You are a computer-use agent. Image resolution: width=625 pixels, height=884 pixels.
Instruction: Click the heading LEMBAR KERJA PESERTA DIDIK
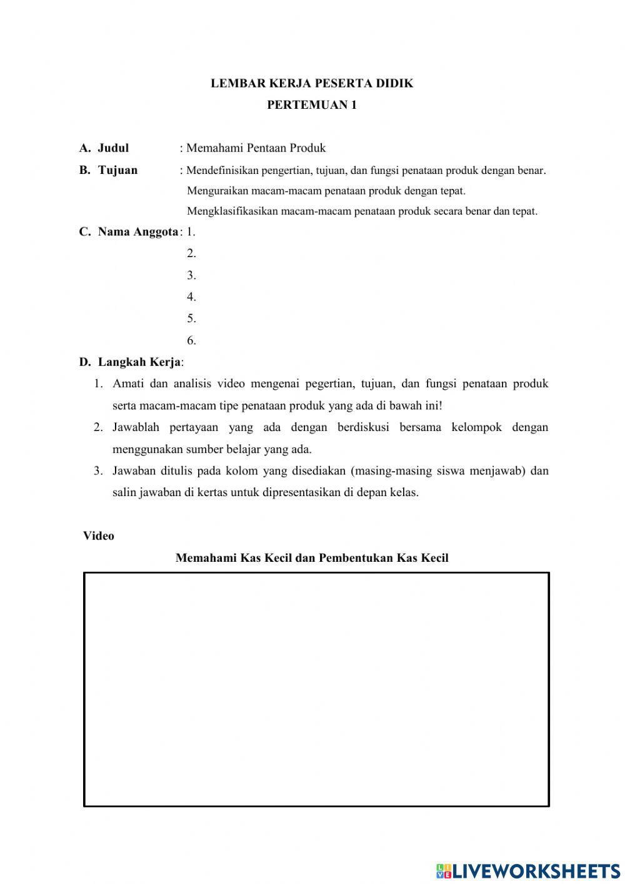coord(312,83)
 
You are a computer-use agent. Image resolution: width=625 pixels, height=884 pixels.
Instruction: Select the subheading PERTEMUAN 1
coord(312,105)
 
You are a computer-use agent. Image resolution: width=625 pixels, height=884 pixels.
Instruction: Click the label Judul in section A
coord(113,148)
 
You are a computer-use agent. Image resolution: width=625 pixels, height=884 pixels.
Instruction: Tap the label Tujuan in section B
coord(117,170)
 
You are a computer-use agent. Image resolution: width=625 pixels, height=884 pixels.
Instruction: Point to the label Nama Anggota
coord(137,232)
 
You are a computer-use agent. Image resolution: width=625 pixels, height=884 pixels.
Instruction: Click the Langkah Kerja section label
coord(139,362)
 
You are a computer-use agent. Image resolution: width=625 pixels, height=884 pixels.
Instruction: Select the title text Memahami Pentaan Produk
coord(256,148)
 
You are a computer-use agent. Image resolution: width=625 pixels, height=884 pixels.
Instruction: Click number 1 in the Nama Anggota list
coord(191,232)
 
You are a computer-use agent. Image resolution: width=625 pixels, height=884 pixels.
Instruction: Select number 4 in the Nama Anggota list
coord(191,297)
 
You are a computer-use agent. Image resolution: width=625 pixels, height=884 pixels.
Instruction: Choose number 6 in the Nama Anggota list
coord(191,341)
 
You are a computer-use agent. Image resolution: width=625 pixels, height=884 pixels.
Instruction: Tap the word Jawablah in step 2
coord(136,427)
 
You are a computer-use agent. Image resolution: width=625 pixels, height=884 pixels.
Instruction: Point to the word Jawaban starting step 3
coord(135,471)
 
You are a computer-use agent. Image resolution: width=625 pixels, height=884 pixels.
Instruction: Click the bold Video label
coord(99,536)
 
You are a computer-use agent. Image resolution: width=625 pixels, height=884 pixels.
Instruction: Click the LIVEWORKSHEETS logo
coord(528,871)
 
